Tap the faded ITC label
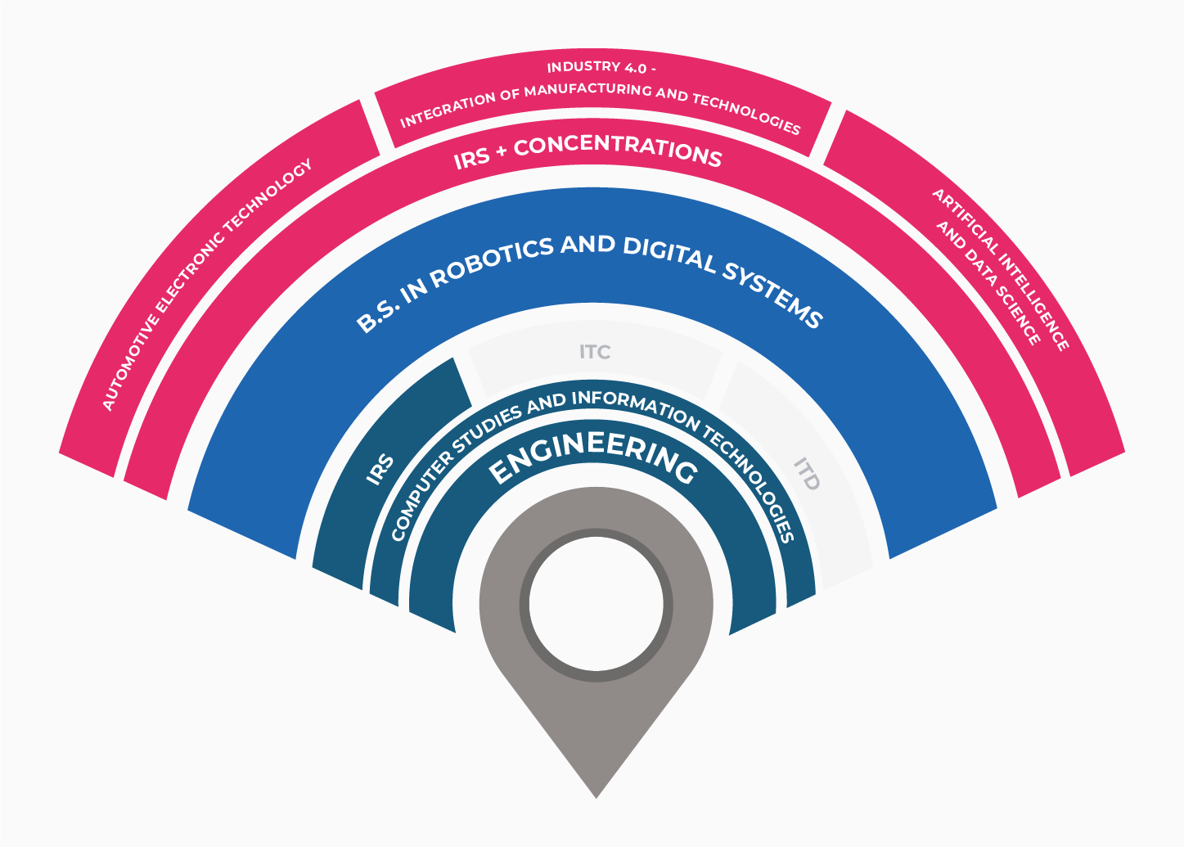[595, 352]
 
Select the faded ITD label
[807, 474]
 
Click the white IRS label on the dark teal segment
[380, 469]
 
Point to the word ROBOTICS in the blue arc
[492, 262]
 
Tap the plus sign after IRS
[501, 151]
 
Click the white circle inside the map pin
[597, 604]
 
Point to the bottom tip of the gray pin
[597, 798]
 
